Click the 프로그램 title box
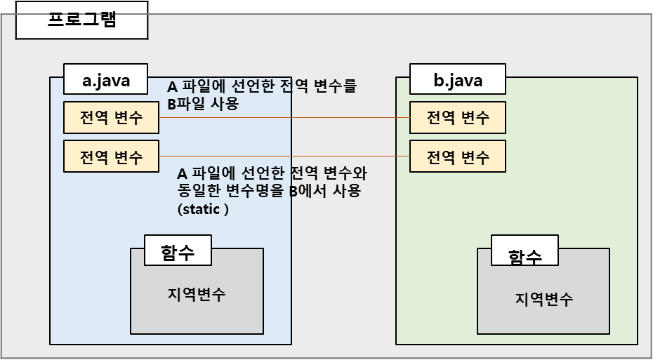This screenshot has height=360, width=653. (81, 20)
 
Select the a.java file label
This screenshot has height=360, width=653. (106, 80)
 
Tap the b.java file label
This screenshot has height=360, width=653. (457, 80)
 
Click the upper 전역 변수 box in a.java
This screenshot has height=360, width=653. (111, 117)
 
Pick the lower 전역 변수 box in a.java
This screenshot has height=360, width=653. (111, 156)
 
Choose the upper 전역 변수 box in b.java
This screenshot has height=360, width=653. (457, 117)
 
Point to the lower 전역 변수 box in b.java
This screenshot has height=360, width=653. (457, 156)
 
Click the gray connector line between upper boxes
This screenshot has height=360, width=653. (281, 117)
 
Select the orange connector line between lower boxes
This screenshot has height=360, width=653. (281, 156)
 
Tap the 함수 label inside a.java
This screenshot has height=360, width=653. (178, 250)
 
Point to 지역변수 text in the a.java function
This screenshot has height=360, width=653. (197, 293)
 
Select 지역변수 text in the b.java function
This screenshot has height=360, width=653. (543, 299)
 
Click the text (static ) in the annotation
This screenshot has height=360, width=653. (204, 210)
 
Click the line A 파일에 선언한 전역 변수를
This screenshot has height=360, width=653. (262, 88)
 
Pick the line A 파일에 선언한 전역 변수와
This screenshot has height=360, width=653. (272, 173)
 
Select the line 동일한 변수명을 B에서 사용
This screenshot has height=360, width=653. (270, 191)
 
